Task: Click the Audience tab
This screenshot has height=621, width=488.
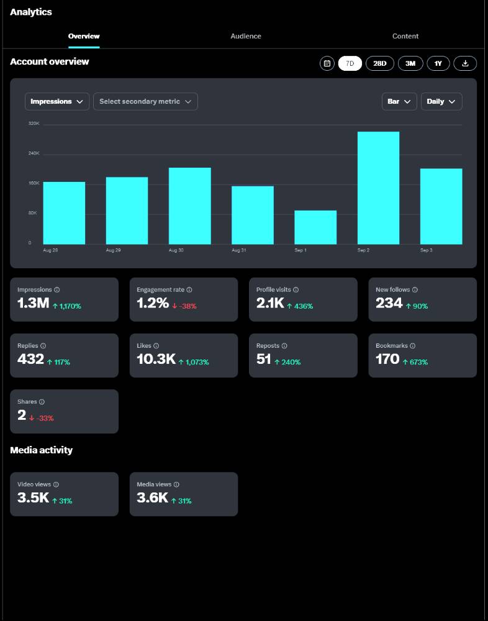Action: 246,36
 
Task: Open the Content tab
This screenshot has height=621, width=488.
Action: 405,36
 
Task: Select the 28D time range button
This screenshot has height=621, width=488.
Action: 379,63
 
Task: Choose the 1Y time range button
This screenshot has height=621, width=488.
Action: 438,63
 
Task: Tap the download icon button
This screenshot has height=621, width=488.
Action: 465,63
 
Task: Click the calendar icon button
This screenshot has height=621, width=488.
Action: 327,63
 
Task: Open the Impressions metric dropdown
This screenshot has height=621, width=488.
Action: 57,101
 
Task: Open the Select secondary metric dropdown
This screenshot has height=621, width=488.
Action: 145,101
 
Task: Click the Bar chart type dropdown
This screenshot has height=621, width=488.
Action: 399,101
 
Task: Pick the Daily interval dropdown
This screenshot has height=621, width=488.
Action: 441,101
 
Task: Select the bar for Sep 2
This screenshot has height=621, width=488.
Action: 378,188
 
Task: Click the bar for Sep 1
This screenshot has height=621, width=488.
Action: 315,227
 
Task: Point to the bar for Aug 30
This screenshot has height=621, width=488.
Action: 190,206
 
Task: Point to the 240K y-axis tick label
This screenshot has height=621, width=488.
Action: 34,153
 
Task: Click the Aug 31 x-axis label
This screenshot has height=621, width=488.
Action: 238,250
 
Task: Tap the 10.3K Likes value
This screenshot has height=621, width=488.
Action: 156,359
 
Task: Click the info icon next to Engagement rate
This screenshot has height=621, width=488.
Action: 189,290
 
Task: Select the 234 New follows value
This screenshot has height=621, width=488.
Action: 389,303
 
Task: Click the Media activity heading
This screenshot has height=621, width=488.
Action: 41,450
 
